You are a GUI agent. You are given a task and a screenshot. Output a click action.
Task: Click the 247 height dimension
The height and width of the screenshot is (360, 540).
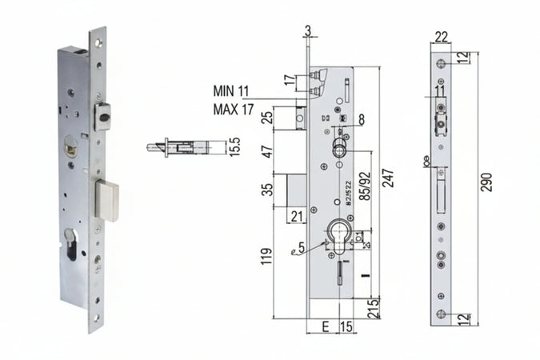click(x=388, y=182)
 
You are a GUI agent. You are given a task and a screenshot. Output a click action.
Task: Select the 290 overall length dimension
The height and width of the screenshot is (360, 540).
click(x=486, y=182)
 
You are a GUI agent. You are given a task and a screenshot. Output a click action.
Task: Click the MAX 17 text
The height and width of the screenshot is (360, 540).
click(x=234, y=108)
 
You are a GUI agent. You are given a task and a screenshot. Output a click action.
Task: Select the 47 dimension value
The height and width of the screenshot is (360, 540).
click(x=266, y=151)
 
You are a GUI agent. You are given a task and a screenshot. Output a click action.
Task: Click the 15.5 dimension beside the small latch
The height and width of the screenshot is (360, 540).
click(x=234, y=147)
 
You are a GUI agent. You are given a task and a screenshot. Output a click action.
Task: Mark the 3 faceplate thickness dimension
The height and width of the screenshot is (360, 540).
click(x=307, y=31)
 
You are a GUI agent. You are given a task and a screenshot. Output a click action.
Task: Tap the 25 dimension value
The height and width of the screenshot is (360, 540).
click(x=266, y=119)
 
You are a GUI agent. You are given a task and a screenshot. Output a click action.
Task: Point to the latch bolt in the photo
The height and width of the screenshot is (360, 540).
click(x=103, y=117)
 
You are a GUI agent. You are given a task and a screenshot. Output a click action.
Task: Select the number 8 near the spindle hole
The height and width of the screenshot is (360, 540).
click(x=362, y=119)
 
